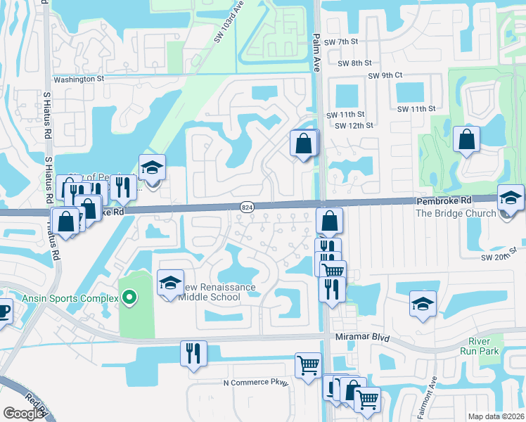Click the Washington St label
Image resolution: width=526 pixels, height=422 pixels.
click(x=79, y=79)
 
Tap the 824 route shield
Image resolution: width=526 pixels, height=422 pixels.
click(x=247, y=207)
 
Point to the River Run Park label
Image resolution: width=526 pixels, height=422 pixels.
click(x=480, y=345)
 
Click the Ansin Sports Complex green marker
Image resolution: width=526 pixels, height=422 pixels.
click(x=129, y=298)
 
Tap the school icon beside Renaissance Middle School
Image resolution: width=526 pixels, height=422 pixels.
click(x=169, y=283)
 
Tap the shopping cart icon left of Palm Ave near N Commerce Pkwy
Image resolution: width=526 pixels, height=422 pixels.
click(x=308, y=365)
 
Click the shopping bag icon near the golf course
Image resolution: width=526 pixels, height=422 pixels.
click(x=466, y=139)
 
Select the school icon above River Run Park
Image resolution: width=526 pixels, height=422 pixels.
click(x=422, y=303)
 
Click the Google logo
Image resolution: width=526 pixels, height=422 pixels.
click(x=23, y=414)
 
